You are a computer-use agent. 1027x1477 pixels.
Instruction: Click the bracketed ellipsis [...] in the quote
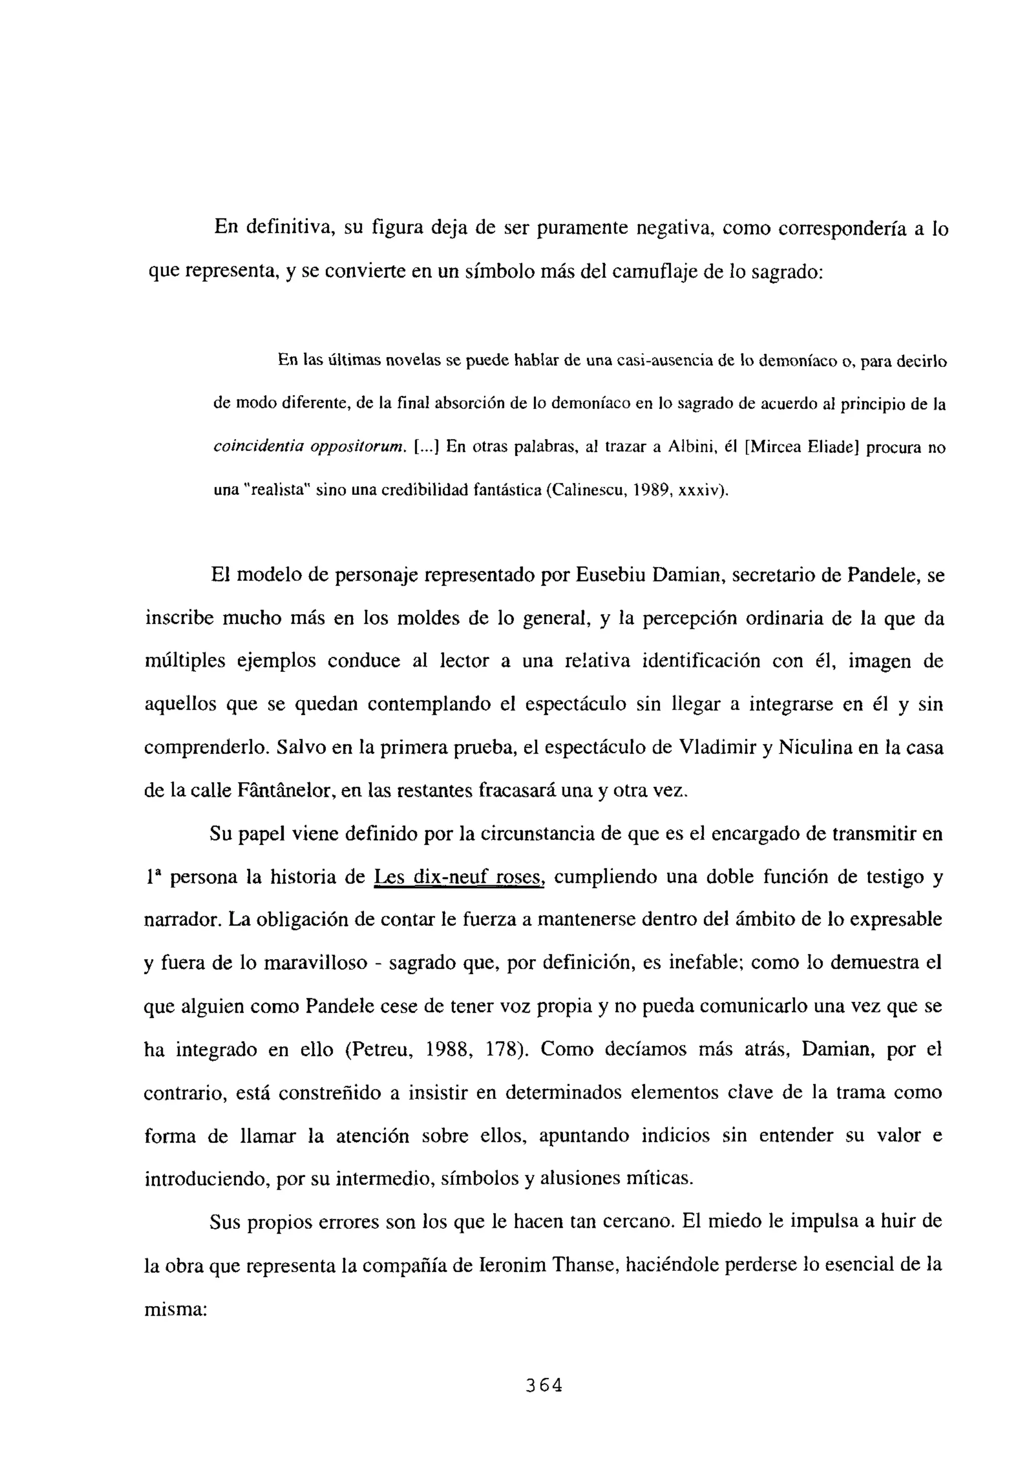tap(425, 446)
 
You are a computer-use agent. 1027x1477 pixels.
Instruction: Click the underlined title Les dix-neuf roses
tap(459, 877)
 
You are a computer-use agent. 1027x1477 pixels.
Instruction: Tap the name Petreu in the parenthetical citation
tap(384, 1049)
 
